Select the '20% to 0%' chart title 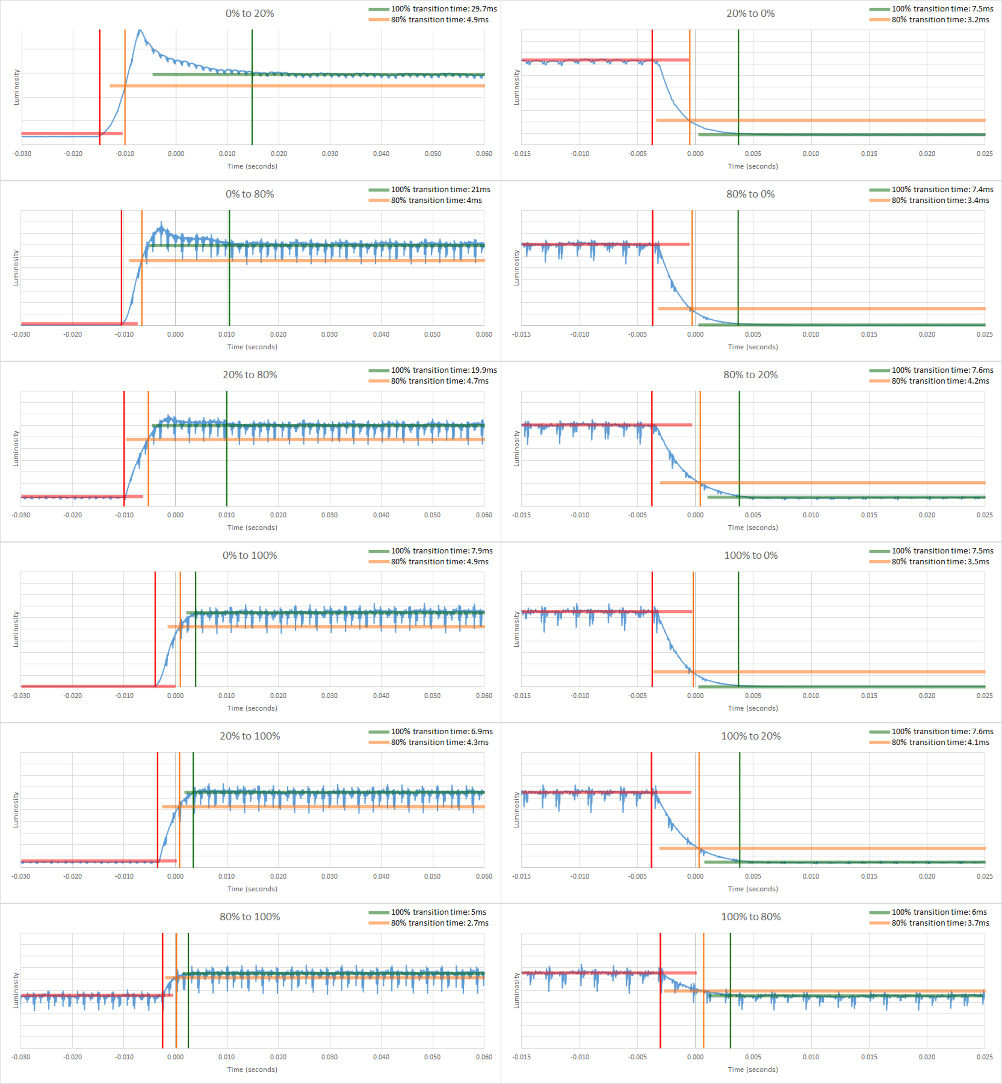click(750, 14)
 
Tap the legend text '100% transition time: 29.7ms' click(444, 9)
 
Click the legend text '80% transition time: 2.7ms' click(439, 923)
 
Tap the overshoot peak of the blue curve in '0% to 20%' click(140, 31)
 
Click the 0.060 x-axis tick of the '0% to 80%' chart click(484, 334)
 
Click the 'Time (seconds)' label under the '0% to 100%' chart click(252, 708)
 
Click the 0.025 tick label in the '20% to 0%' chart click(984, 154)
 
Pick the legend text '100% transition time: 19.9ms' click(444, 370)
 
